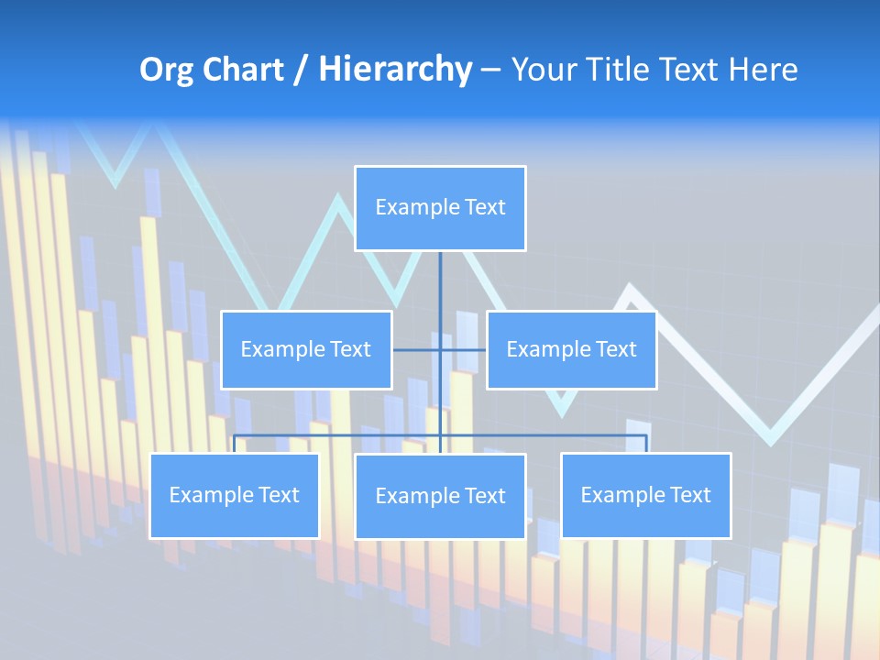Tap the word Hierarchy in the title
(395, 70)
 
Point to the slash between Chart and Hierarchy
(301, 70)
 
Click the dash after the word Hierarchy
(490, 70)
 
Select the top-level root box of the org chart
(440, 208)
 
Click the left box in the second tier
(306, 350)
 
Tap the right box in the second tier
(571, 350)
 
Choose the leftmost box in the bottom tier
(235, 496)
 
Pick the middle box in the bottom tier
(440, 497)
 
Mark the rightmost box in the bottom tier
(646, 496)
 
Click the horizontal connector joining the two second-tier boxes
(417, 350)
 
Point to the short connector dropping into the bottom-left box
(235, 444)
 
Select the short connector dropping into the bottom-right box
(646, 444)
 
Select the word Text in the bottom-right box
(689, 496)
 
